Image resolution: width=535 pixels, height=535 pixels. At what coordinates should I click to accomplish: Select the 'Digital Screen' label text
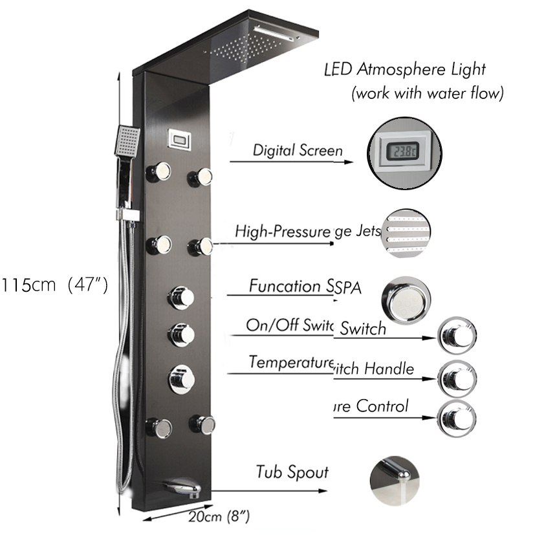pyautogui.click(x=298, y=151)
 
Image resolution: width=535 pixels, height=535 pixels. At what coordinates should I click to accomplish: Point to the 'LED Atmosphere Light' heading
pyautogui.click(x=404, y=69)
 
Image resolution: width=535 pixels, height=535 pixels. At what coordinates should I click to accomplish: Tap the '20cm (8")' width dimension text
pyautogui.click(x=221, y=516)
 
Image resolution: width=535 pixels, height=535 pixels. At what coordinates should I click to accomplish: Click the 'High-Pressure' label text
pyautogui.click(x=283, y=231)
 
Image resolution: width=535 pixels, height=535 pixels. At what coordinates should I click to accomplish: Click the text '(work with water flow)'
pyautogui.click(x=427, y=93)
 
